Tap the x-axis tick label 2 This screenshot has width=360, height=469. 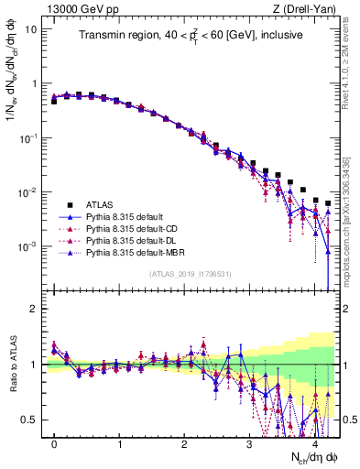[185, 444]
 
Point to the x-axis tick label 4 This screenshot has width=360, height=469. [315, 444]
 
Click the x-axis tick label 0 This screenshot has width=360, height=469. [54, 444]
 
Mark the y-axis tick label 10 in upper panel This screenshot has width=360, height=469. [31, 28]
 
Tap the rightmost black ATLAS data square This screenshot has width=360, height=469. [328, 203]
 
